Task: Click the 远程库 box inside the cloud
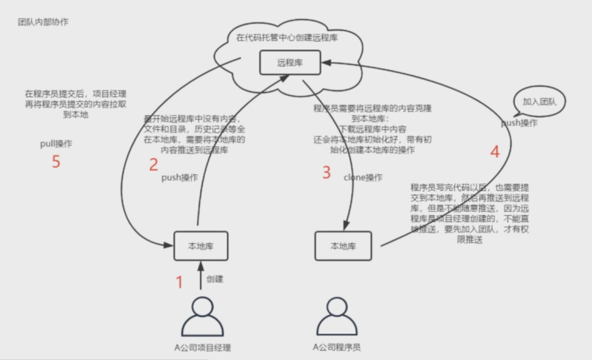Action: pyautogui.click(x=290, y=63)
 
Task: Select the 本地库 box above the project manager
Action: pyautogui.click(x=201, y=246)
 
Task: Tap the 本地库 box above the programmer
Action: pyautogui.click(x=343, y=246)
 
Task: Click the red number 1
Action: pyautogui.click(x=179, y=282)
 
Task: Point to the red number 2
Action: pyautogui.click(x=153, y=165)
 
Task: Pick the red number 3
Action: pyautogui.click(x=326, y=172)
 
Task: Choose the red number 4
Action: pyautogui.click(x=495, y=152)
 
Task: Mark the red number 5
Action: pyautogui.click(x=56, y=162)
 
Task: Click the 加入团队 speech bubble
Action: pyautogui.click(x=539, y=101)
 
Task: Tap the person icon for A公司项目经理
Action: pyautogui.click(x=201, y=316)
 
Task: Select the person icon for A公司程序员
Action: pyautogui.click(x=336, y=316)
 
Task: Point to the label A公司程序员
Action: pyautogui.click(x=337, y=348)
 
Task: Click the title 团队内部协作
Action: pyautogui.click(x=43, y=22)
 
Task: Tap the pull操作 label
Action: pyautogui.click(x=56, y=144)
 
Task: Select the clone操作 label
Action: pyautogui.click(x=363, y=178)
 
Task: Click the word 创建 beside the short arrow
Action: pyautogui.click(x=215, y=279)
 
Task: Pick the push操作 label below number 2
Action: pyautogui.click(x=179, y=178)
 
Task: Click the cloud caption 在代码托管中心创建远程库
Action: pyautogui.click(x=287, y=37)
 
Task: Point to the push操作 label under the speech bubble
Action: pyautogui.click(x=519, y=123)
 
